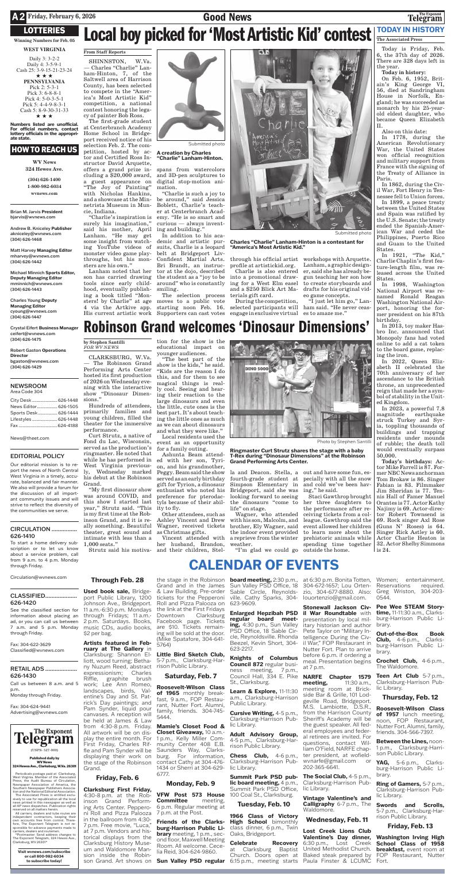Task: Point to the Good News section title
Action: tap(227, 17)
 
